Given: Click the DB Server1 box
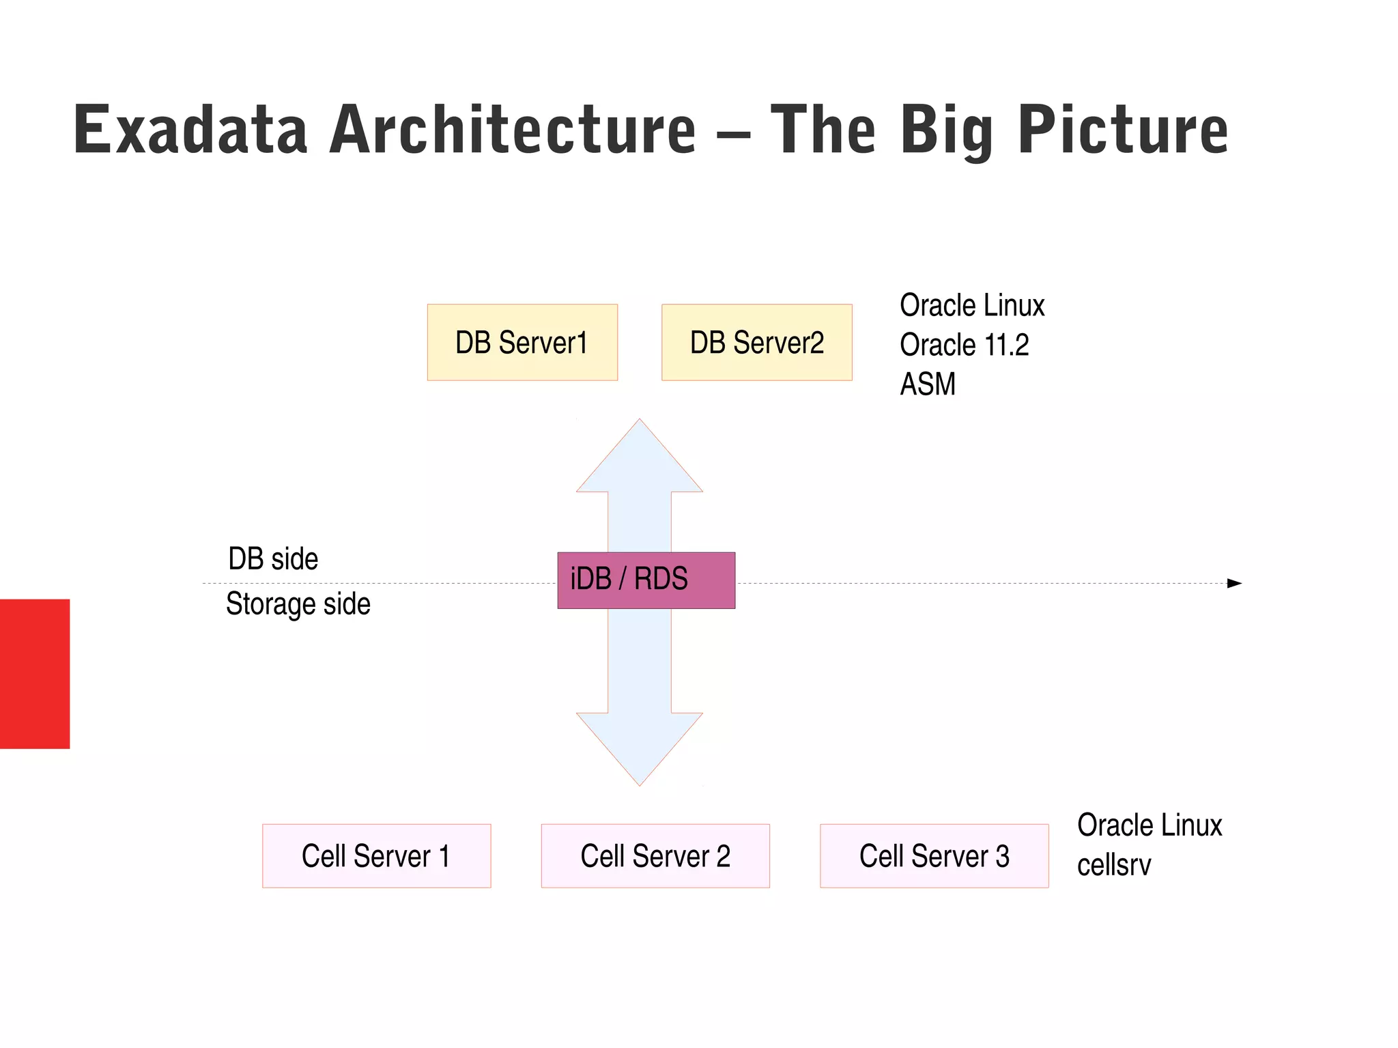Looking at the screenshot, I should tap(522, 342).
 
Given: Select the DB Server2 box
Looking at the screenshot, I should tap(756, 342).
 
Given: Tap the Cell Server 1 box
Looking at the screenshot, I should tap(376, 855).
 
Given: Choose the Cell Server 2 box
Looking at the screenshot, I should tap(655, 855).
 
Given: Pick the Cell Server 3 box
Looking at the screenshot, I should tap(934, 855).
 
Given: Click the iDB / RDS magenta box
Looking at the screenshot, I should tap(646, 580).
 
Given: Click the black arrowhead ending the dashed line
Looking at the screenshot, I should tap(1234, 583).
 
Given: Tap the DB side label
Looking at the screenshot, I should tap(273, 558).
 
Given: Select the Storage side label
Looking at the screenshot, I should tap(298, 604).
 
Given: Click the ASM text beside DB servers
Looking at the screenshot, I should tap(927, 384).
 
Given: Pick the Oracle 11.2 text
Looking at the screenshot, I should tap(964, 345).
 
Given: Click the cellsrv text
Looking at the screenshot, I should tap(1113, 865).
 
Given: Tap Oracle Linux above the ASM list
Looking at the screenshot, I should tap(972, 305).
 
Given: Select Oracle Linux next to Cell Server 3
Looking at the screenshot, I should tap(1150, 825).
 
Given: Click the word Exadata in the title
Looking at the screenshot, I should tap(190, 130).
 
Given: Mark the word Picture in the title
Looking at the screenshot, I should tap(1123, 130).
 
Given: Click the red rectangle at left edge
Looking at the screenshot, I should tap(35, 673).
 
